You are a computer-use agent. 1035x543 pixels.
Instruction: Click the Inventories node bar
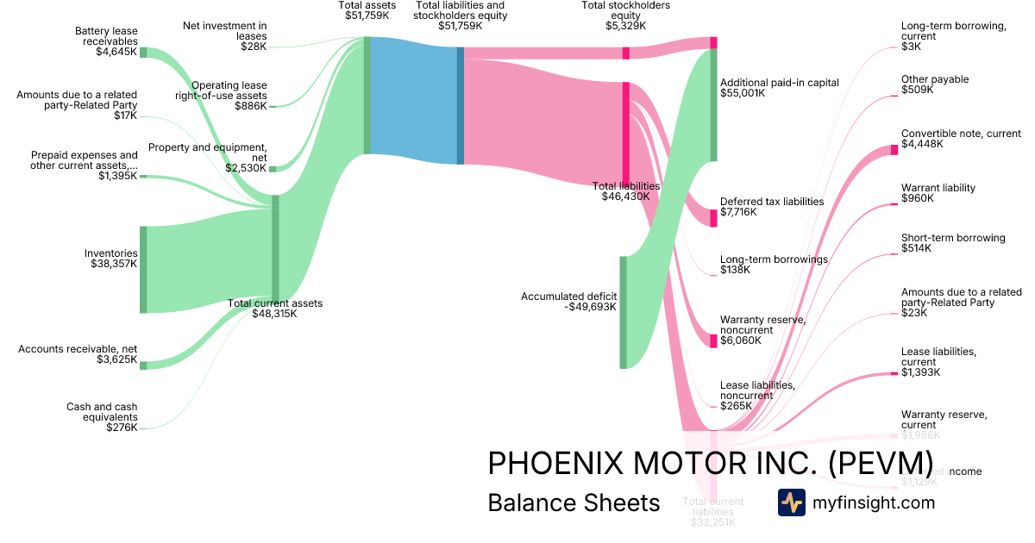pyautogui.click(x=143, y=269)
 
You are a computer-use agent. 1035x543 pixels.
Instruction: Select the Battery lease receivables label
pyautogui.click(x=105, y=36)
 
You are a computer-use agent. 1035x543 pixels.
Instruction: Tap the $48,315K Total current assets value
pyautogui.click(x=274, y=314)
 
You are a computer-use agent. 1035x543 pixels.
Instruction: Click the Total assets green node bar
pyautogui.click(x=367, y=95)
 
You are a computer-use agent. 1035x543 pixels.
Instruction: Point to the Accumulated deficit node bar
pyautogui.click(x=623, y=312)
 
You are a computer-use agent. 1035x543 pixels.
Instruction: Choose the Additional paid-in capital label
pyautogui.click(x=779, y=83)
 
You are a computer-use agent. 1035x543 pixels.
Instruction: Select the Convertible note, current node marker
pyautogui.click(x=894, y=150)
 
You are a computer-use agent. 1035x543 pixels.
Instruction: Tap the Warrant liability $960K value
pyautogui.click(x=918, y=198)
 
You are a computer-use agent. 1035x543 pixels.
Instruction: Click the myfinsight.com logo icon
pyautogui.click(x=792, y=502)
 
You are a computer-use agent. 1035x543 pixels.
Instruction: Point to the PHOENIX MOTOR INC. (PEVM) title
pyautogui.click(x=710, y=463)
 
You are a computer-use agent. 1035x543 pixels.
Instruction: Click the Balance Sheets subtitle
pyautogui.click(x=574, y=502)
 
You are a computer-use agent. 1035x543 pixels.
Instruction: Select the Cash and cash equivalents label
pyautogui.click(x=102, y=412)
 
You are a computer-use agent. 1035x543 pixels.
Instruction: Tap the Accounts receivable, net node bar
pyautogui.click(x=143, y=365)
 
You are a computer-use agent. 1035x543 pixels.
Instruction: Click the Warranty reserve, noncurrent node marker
pyautogui.click(x=713, y=340)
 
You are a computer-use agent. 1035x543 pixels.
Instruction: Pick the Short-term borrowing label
pyautogui.click(x=953, y=238)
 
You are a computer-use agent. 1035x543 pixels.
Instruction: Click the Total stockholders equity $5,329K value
pyautogui.click(x=625, y=26)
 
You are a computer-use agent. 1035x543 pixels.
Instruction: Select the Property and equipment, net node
pyautogui.click(x=273, y=169)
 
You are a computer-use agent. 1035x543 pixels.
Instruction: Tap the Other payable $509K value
pyautogui.click(x=918, y=90)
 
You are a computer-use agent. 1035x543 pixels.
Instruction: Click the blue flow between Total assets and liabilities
pyautogui.click(x=412, y=101)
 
